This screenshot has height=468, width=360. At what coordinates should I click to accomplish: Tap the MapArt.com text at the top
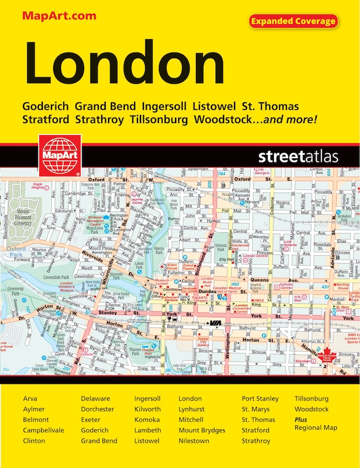click(x=59, y=16)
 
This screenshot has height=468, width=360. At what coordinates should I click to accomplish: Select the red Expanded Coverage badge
click(x=293, y=21)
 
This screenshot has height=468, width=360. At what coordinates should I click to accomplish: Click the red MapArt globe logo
click(x=57, y=154)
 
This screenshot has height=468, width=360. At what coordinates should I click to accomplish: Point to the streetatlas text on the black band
click(x=298, y=157)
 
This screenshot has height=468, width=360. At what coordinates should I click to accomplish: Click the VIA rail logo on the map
click(x=216, y=322)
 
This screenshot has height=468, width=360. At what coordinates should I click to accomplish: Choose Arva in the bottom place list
click(x=30, y=399)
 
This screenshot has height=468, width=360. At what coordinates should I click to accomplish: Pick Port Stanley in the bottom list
click(x=260, y=399)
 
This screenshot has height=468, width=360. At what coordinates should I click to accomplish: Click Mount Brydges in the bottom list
click(x=202, y=430)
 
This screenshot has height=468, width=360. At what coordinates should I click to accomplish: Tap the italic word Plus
click(x=301, y=420)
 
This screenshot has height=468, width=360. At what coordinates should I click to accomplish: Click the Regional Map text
click(x=316, y=428)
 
